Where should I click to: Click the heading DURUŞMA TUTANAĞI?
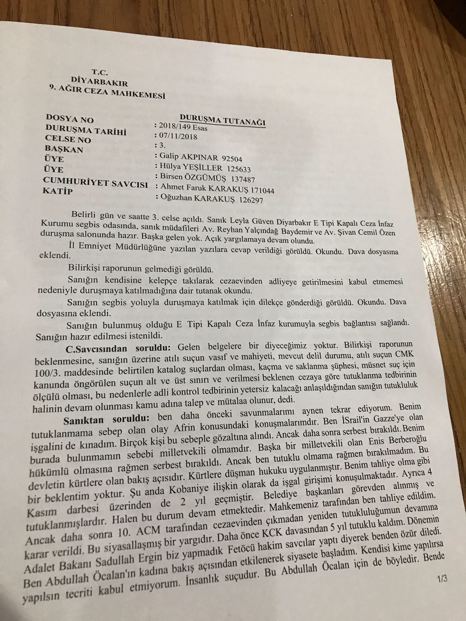223,120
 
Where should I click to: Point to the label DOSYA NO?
70,118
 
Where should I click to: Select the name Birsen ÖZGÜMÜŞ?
191,178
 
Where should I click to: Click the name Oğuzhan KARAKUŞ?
193,199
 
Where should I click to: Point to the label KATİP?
58,191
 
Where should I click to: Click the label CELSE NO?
68,138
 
